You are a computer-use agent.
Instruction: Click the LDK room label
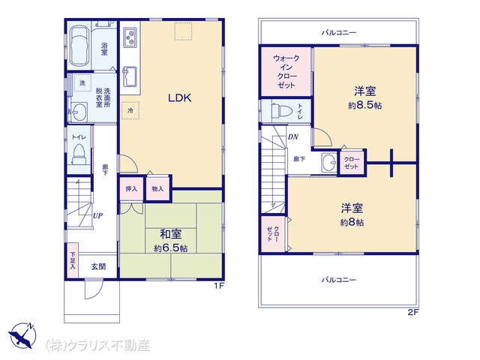pos(180,98)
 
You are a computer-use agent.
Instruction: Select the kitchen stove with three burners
pos(130,37)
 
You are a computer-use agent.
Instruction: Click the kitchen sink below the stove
pos(130,76)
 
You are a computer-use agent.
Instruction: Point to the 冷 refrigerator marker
pos(130,110)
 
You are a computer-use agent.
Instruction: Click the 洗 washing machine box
pos(82,82)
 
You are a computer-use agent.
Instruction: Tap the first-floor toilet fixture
pos(78,155)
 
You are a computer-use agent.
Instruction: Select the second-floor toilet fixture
pos(280,111)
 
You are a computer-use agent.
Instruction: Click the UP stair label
pos(97,215)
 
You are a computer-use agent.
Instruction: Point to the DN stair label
pos(293,136)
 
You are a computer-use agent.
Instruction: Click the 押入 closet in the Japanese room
pos(131,189)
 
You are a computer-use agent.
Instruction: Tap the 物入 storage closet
pos(157,189)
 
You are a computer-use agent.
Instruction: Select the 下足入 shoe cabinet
pos(72,260)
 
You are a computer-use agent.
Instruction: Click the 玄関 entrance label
pos(98,267)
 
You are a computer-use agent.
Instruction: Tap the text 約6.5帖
pos(171,248)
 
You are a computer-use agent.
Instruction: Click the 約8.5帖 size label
pos(364,106)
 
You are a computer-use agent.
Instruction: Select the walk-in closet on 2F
pos(286,72)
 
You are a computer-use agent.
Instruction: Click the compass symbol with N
pos(22,335)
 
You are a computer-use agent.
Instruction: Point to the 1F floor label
pos(219,286)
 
